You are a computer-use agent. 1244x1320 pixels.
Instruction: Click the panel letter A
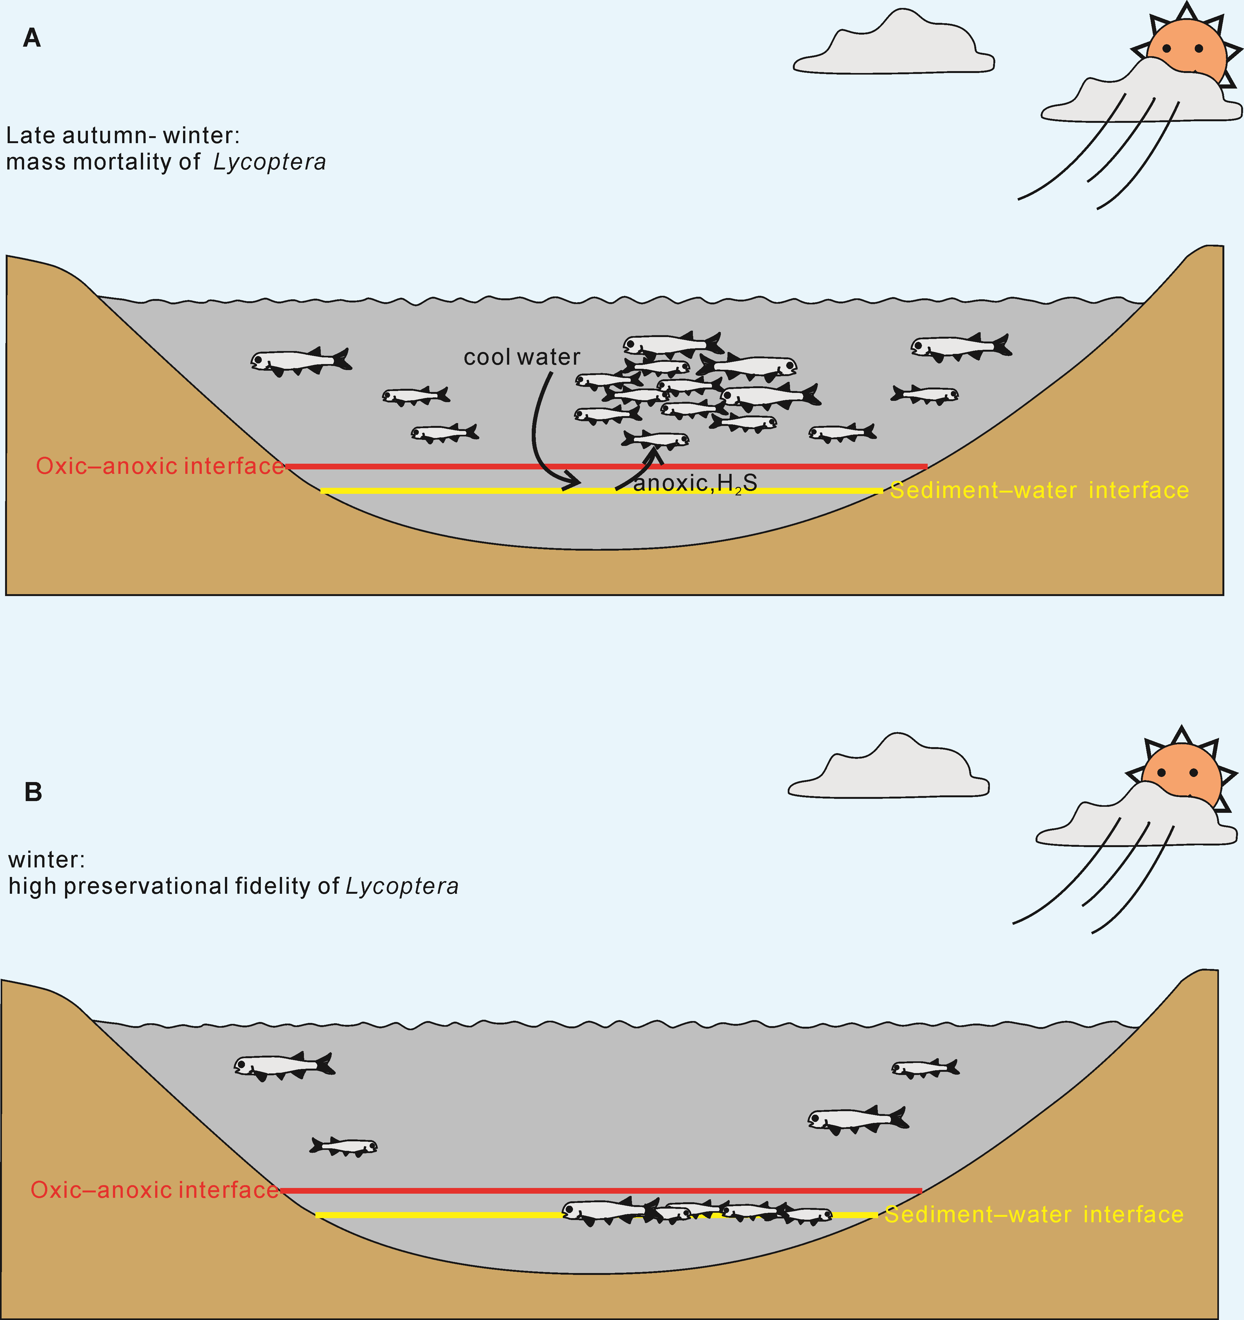click(x=32, y=38)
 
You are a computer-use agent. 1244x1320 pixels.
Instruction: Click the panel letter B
click(x=33, y=792)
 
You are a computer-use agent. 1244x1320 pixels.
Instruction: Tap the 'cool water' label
click(x=522, y=357)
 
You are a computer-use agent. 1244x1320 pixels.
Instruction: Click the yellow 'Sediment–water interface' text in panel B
click(x=1034, y=1214)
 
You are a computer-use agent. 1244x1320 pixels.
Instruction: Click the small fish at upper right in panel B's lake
click(x=925, y=1068)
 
